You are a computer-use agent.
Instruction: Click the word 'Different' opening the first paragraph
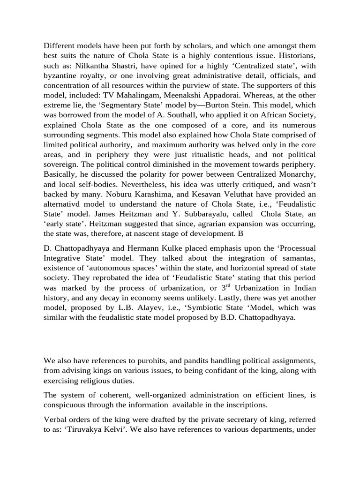pos(60,45)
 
